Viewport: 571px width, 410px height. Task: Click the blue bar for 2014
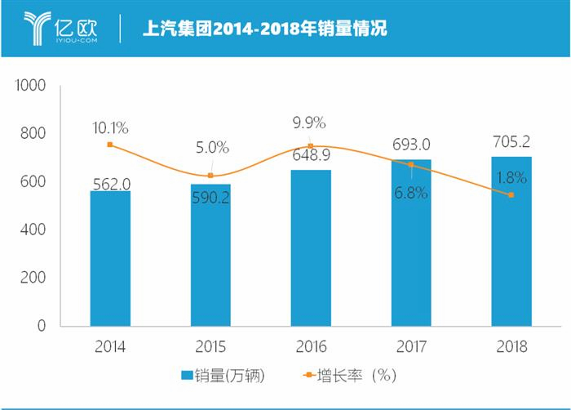[110, 258]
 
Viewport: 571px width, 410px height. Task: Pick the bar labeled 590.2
[210, 255]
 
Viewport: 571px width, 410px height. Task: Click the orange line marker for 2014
[110, 145]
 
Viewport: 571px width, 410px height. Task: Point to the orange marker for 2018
[511, 194]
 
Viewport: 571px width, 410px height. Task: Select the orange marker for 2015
[210, 176]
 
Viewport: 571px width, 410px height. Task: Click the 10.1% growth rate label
[110, 127]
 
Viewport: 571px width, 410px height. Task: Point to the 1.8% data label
[511, 176]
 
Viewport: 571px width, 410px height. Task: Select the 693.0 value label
[411, 144]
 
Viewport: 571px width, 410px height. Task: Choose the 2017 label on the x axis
[411, 346]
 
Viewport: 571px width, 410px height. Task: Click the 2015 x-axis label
[210, 346]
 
